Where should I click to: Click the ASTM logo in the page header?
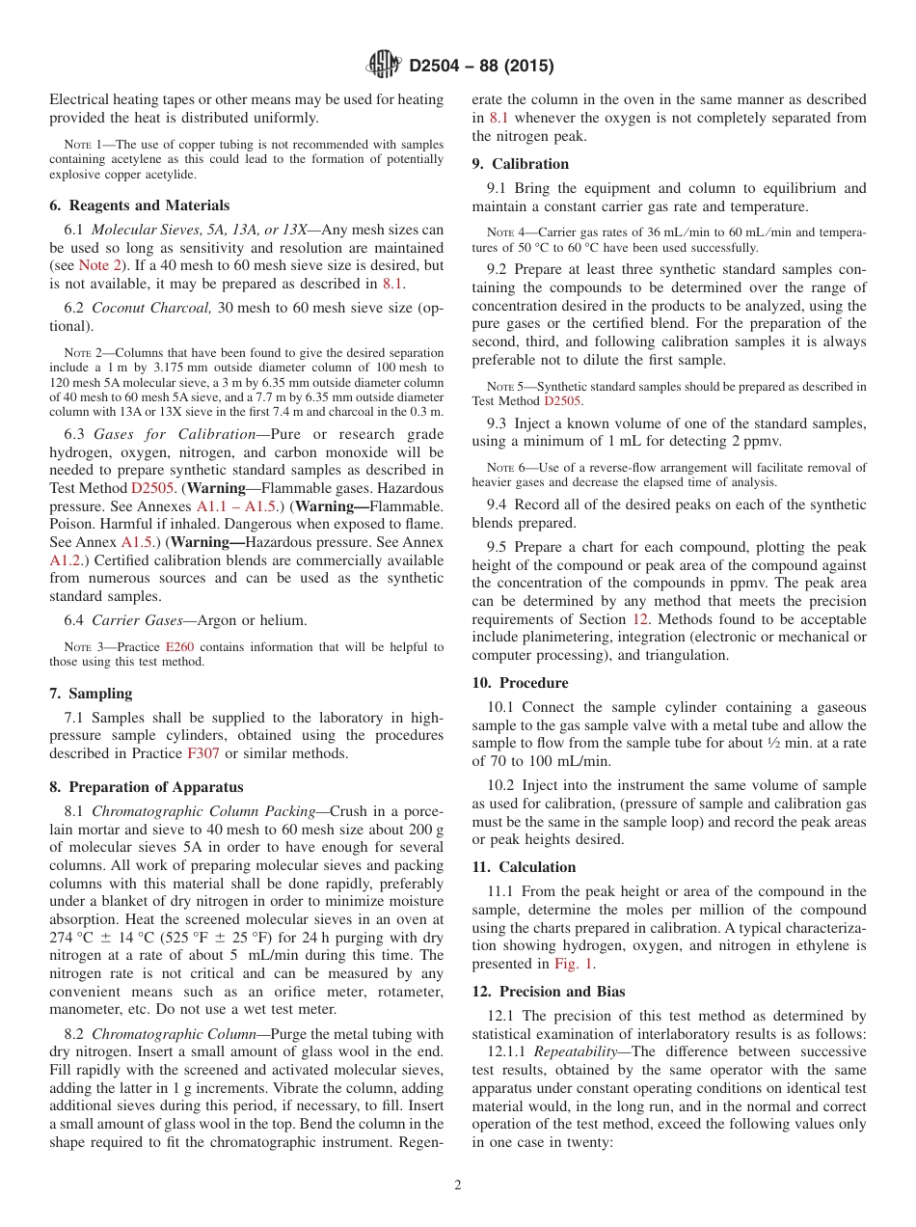pyautogui.click(x=384, y=66)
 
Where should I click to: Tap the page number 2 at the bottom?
pyautogui.click(x=458, y=1186)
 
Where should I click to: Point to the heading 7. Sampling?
pyautogui.click(x=91, y=694)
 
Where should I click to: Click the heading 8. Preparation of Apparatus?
pyautogui.click(x=147, y=787)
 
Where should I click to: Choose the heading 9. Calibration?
pyautogui.click(x=521, y=164)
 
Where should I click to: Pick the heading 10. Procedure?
pyautogui.click(x=520, y=683)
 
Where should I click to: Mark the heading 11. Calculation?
pyautogui.click(x=524, y=867)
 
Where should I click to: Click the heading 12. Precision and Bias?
pyautogui.click(x=549, y=992)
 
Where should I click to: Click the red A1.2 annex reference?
pyautogui.click(x=67, y=559)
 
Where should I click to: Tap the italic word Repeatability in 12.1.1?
pyautogui.click(x=576, y=1051)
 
